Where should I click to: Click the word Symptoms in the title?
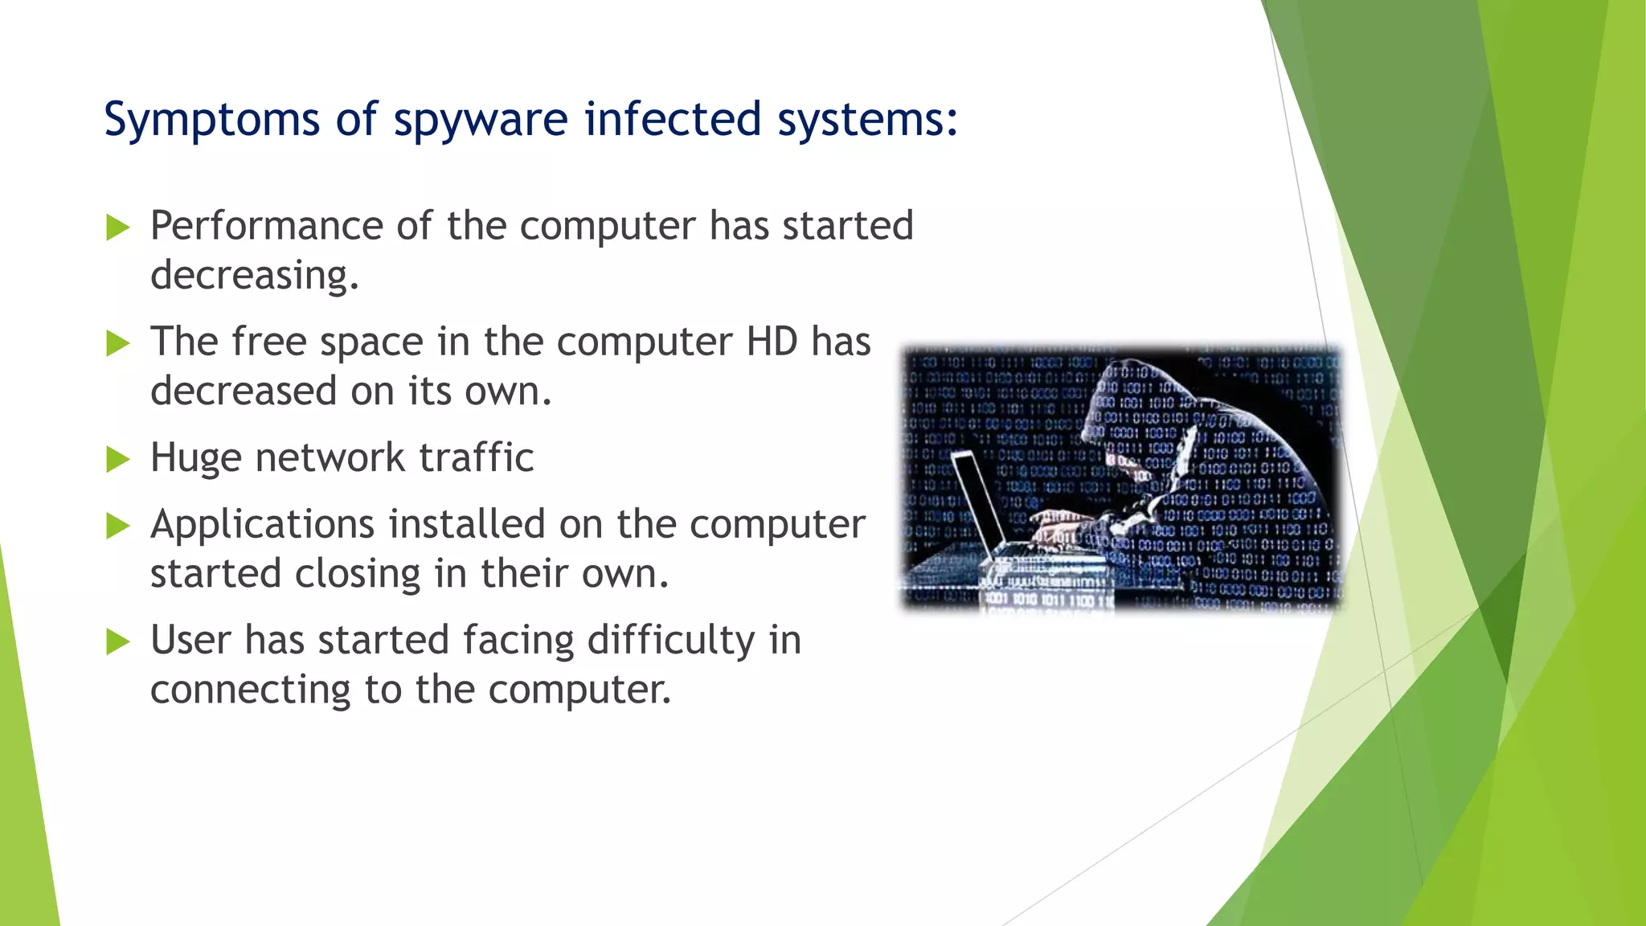(x=211, y=121)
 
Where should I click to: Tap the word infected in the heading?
(x=672, y=119)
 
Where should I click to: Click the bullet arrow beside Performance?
(x=118, y=227)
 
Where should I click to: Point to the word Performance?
(x=266, y=225)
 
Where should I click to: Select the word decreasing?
(x=254, y=276)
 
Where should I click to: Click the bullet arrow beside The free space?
(x=118, y=343)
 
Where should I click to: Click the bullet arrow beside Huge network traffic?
(x=118, y=460)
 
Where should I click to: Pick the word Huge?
(x=196, y=458)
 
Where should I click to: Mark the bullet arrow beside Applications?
(x=118, y=527)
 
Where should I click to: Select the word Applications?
(x=263, y=525)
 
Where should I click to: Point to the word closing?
(x=358, y=574)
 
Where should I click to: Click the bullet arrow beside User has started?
(x=118, y=641)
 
